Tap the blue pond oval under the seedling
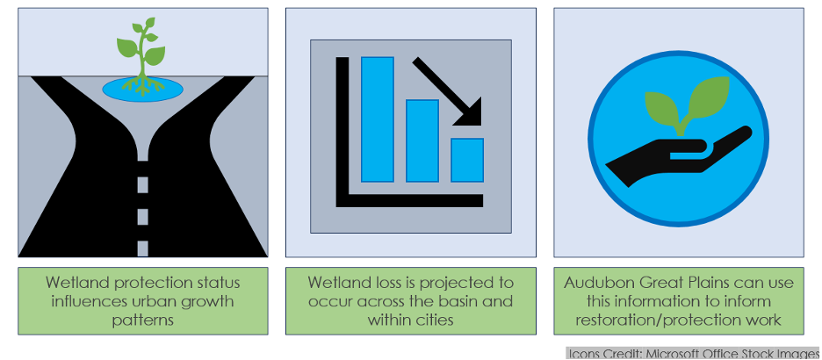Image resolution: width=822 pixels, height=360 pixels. [142, 89]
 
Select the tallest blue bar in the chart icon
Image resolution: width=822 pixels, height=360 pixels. [378, 119]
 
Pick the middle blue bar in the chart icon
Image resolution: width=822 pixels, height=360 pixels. [422, 141]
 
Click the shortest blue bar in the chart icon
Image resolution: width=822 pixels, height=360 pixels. [467, 161]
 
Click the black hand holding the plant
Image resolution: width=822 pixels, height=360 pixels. [676, 157]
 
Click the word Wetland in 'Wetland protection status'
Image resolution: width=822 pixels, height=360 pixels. [72, 283]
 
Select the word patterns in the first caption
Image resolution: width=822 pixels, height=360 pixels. [142, 320]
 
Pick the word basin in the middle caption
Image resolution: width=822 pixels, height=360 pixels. [456, 302]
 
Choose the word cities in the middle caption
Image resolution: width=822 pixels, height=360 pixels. [434, 320]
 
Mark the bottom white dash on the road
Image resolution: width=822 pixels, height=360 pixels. [142, 248]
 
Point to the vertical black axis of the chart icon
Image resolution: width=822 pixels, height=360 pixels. [342, 132]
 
